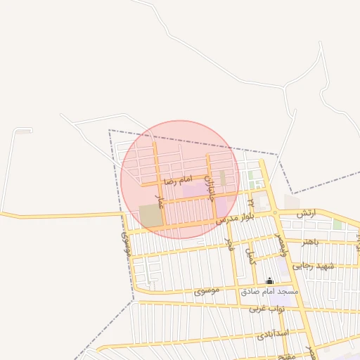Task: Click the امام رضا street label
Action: pyautogui.click(x=177, y=181)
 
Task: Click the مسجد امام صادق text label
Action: pyautogui.click(x=269, y=290)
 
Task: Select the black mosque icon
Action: pyautogui.click(x=269, y=280)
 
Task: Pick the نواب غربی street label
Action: pyautogui.click(x=265, y=308)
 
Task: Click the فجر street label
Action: pyautogui.click(x=229, y=244)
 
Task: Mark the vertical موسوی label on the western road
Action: pyautogui.click(x=127, y=243)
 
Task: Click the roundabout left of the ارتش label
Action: pyautogui.click(x=275, y=212)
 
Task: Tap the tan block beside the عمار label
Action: pyautogui.click(x=150, y=216)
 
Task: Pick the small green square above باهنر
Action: pyautogui.click(x=337, y=225)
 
